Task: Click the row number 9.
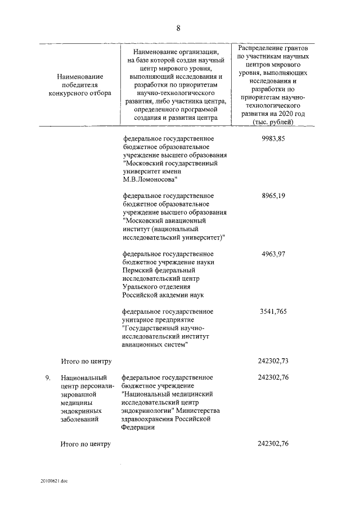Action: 49,377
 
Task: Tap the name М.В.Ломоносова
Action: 149,179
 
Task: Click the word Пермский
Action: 137,270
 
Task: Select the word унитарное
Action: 139,319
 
